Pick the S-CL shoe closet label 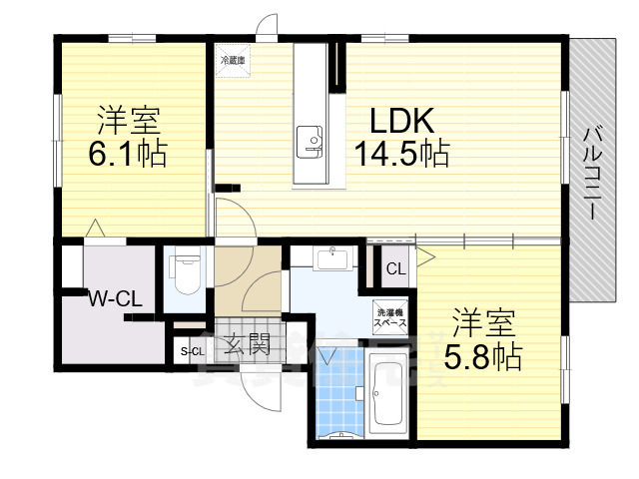190,350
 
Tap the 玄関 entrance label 246,346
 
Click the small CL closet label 395,268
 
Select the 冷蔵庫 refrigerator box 233,60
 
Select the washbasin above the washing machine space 332,259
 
